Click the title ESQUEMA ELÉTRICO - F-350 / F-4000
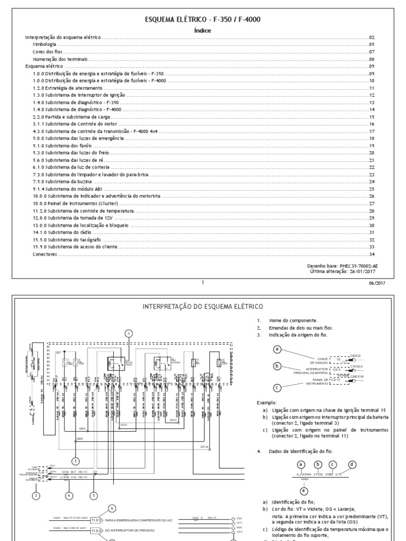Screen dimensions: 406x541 [x=202, y=20]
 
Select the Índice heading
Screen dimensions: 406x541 [x=202, y=31]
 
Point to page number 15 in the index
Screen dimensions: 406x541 [x=372, y=116]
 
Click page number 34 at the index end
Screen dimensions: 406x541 [x=372, y=254]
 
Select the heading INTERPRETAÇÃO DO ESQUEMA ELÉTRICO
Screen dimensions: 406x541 [x=203, y=306]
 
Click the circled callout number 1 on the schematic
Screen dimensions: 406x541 [x=128, y=333]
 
